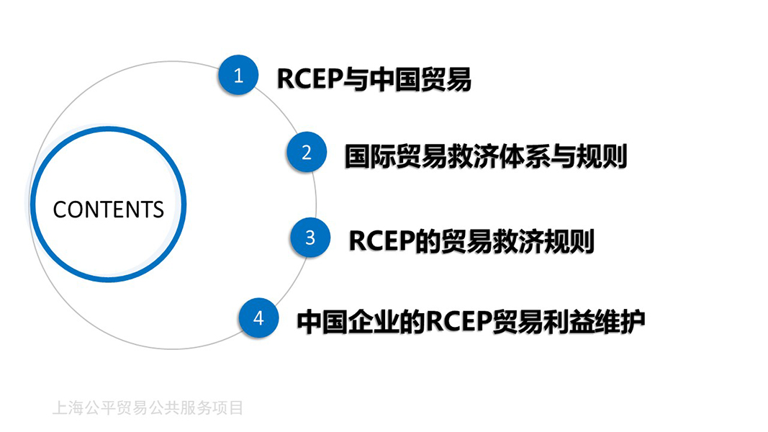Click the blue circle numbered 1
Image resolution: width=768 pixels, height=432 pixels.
coord(239,76)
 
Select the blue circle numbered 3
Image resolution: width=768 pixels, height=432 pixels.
coord(310,237)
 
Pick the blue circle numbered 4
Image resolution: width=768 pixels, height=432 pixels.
coord(258,318)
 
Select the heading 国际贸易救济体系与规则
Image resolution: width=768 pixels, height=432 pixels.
coord(485,156)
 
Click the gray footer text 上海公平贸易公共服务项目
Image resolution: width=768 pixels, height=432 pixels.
coord(148,408)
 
